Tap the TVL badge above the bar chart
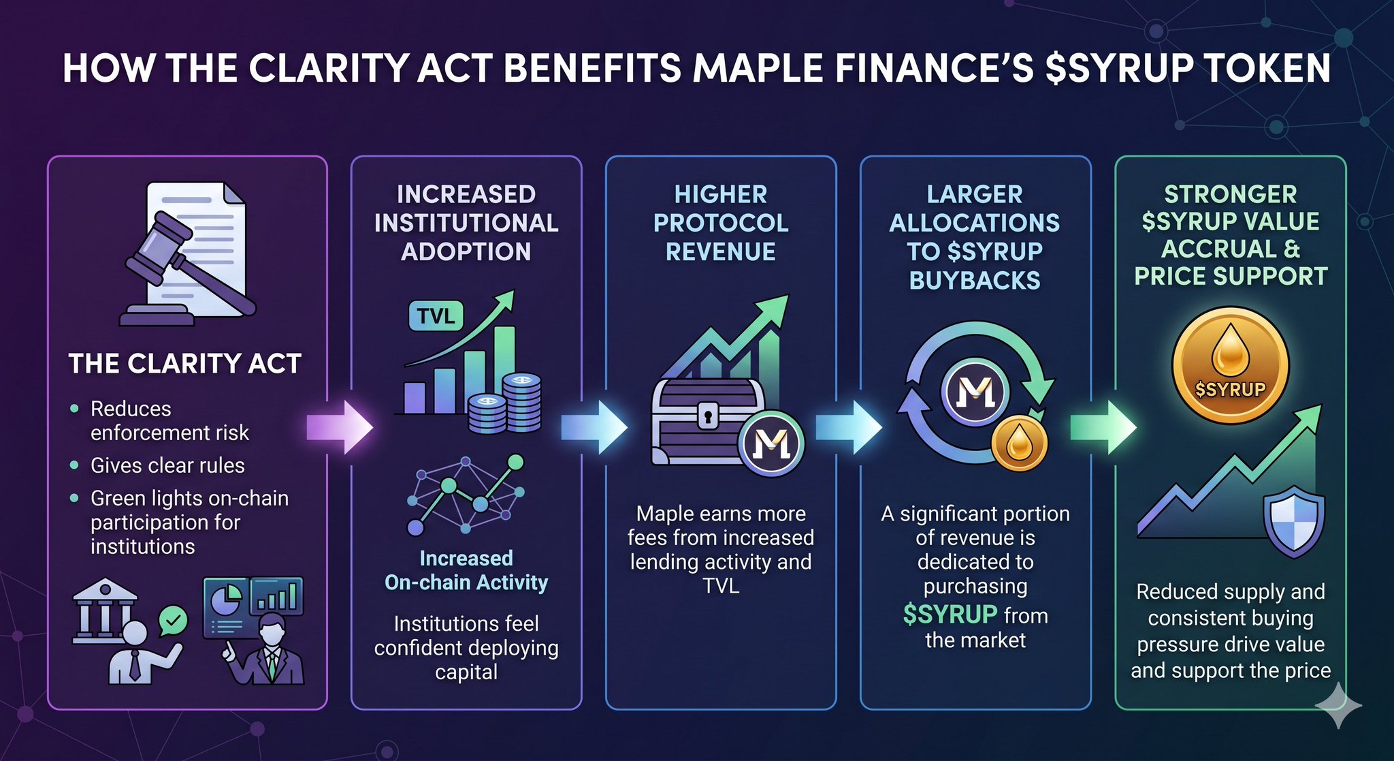436,316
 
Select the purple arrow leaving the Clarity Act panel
340,427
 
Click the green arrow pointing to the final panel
1103,427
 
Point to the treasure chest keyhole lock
708,415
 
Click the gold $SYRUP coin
1230,366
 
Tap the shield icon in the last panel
1294,523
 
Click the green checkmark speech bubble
173,621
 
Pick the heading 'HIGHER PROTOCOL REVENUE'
721,223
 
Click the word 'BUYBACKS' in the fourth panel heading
975,280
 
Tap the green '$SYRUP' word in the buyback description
950,615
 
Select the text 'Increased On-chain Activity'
466,570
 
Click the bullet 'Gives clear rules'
167,465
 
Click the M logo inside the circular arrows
975,392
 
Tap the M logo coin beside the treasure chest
772,444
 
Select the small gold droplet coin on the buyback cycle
1019,443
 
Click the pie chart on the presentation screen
227,600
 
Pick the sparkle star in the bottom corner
1339,705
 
